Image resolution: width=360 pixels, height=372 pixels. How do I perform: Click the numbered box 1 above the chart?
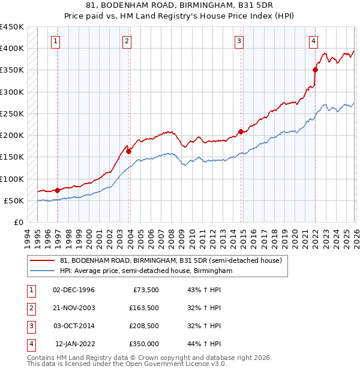pyautogui.click(x=55, y=41)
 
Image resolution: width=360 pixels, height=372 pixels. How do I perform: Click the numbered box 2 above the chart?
pyautogui.click(x=127, y=41)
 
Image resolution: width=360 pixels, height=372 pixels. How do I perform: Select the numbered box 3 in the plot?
pyautogui.click(x=239, y=41)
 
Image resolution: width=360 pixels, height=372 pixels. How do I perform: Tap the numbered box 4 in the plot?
pyautogui.click(x=313, y=41)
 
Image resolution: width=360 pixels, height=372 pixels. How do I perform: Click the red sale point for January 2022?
pyautogui.click(x=315, y=70)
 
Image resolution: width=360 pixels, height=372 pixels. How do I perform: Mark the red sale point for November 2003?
pyautogui.click(x=128, y=151)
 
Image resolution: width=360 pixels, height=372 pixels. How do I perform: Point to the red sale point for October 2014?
pyautogui.click(x=241, y=131)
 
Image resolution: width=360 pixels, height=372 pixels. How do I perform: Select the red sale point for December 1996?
pyautogui.click(x=58, y=190)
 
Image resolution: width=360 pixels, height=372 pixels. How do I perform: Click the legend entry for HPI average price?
pyautogui.click(x=146, y=271)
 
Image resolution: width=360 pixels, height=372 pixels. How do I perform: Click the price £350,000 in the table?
pyautogui.click(x=144, y=344)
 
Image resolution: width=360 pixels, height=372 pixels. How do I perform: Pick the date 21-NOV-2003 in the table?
pyautogui.click(x=74, y=308)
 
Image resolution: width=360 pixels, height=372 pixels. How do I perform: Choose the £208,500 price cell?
pyautogui.click(x=144, y=326)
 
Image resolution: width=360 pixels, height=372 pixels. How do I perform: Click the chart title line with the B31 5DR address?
pyautogui.click(x=179, y=5)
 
